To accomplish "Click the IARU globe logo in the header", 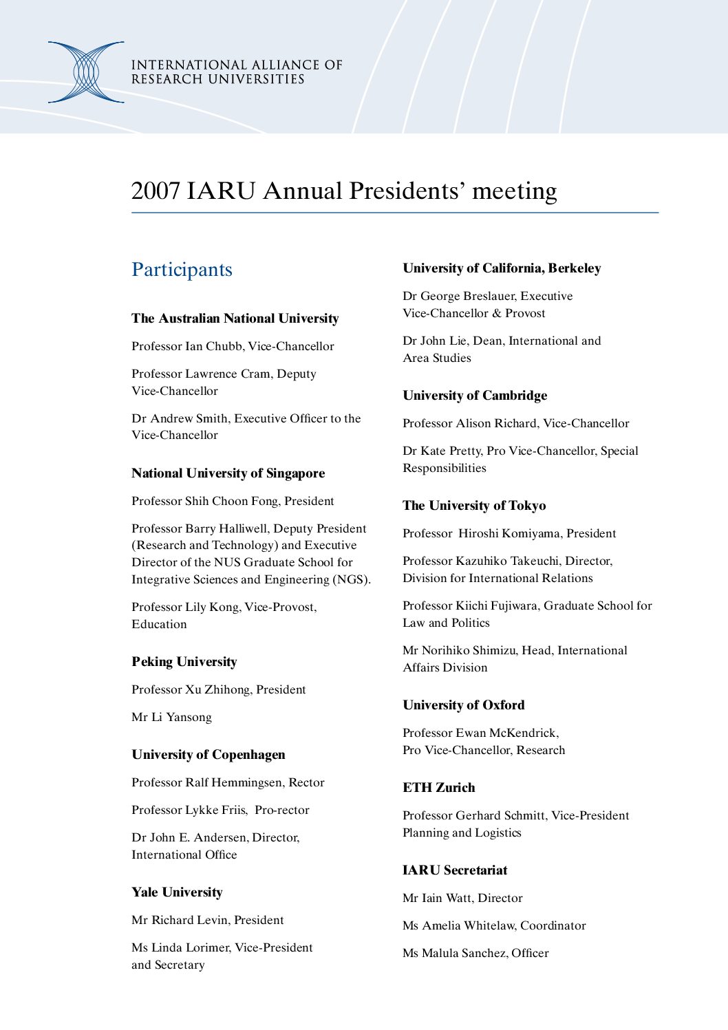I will [x=86, y=72].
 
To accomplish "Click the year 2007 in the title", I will [x=156, y=191].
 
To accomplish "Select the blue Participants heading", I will [x=182, y=270].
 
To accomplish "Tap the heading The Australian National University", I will [x=235, y=319].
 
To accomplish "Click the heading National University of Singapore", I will [x=228, y=473].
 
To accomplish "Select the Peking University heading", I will [x=184, y=662].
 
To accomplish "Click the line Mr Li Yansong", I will [x=172, y=718].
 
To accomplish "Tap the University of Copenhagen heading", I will [x=208, y=755].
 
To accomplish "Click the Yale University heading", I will [x=178, y=892].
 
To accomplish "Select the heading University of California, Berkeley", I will [x=502, y=268].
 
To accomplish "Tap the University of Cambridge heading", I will [x=475, y=396].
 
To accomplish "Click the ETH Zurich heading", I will [x=439, y=788].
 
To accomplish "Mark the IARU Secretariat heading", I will [x=455, y=870].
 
